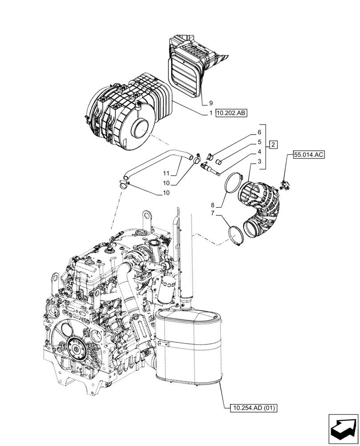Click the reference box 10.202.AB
[231, 114]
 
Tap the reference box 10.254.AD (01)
[251, 408]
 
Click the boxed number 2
[273, 144]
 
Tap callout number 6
[259, 132]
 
